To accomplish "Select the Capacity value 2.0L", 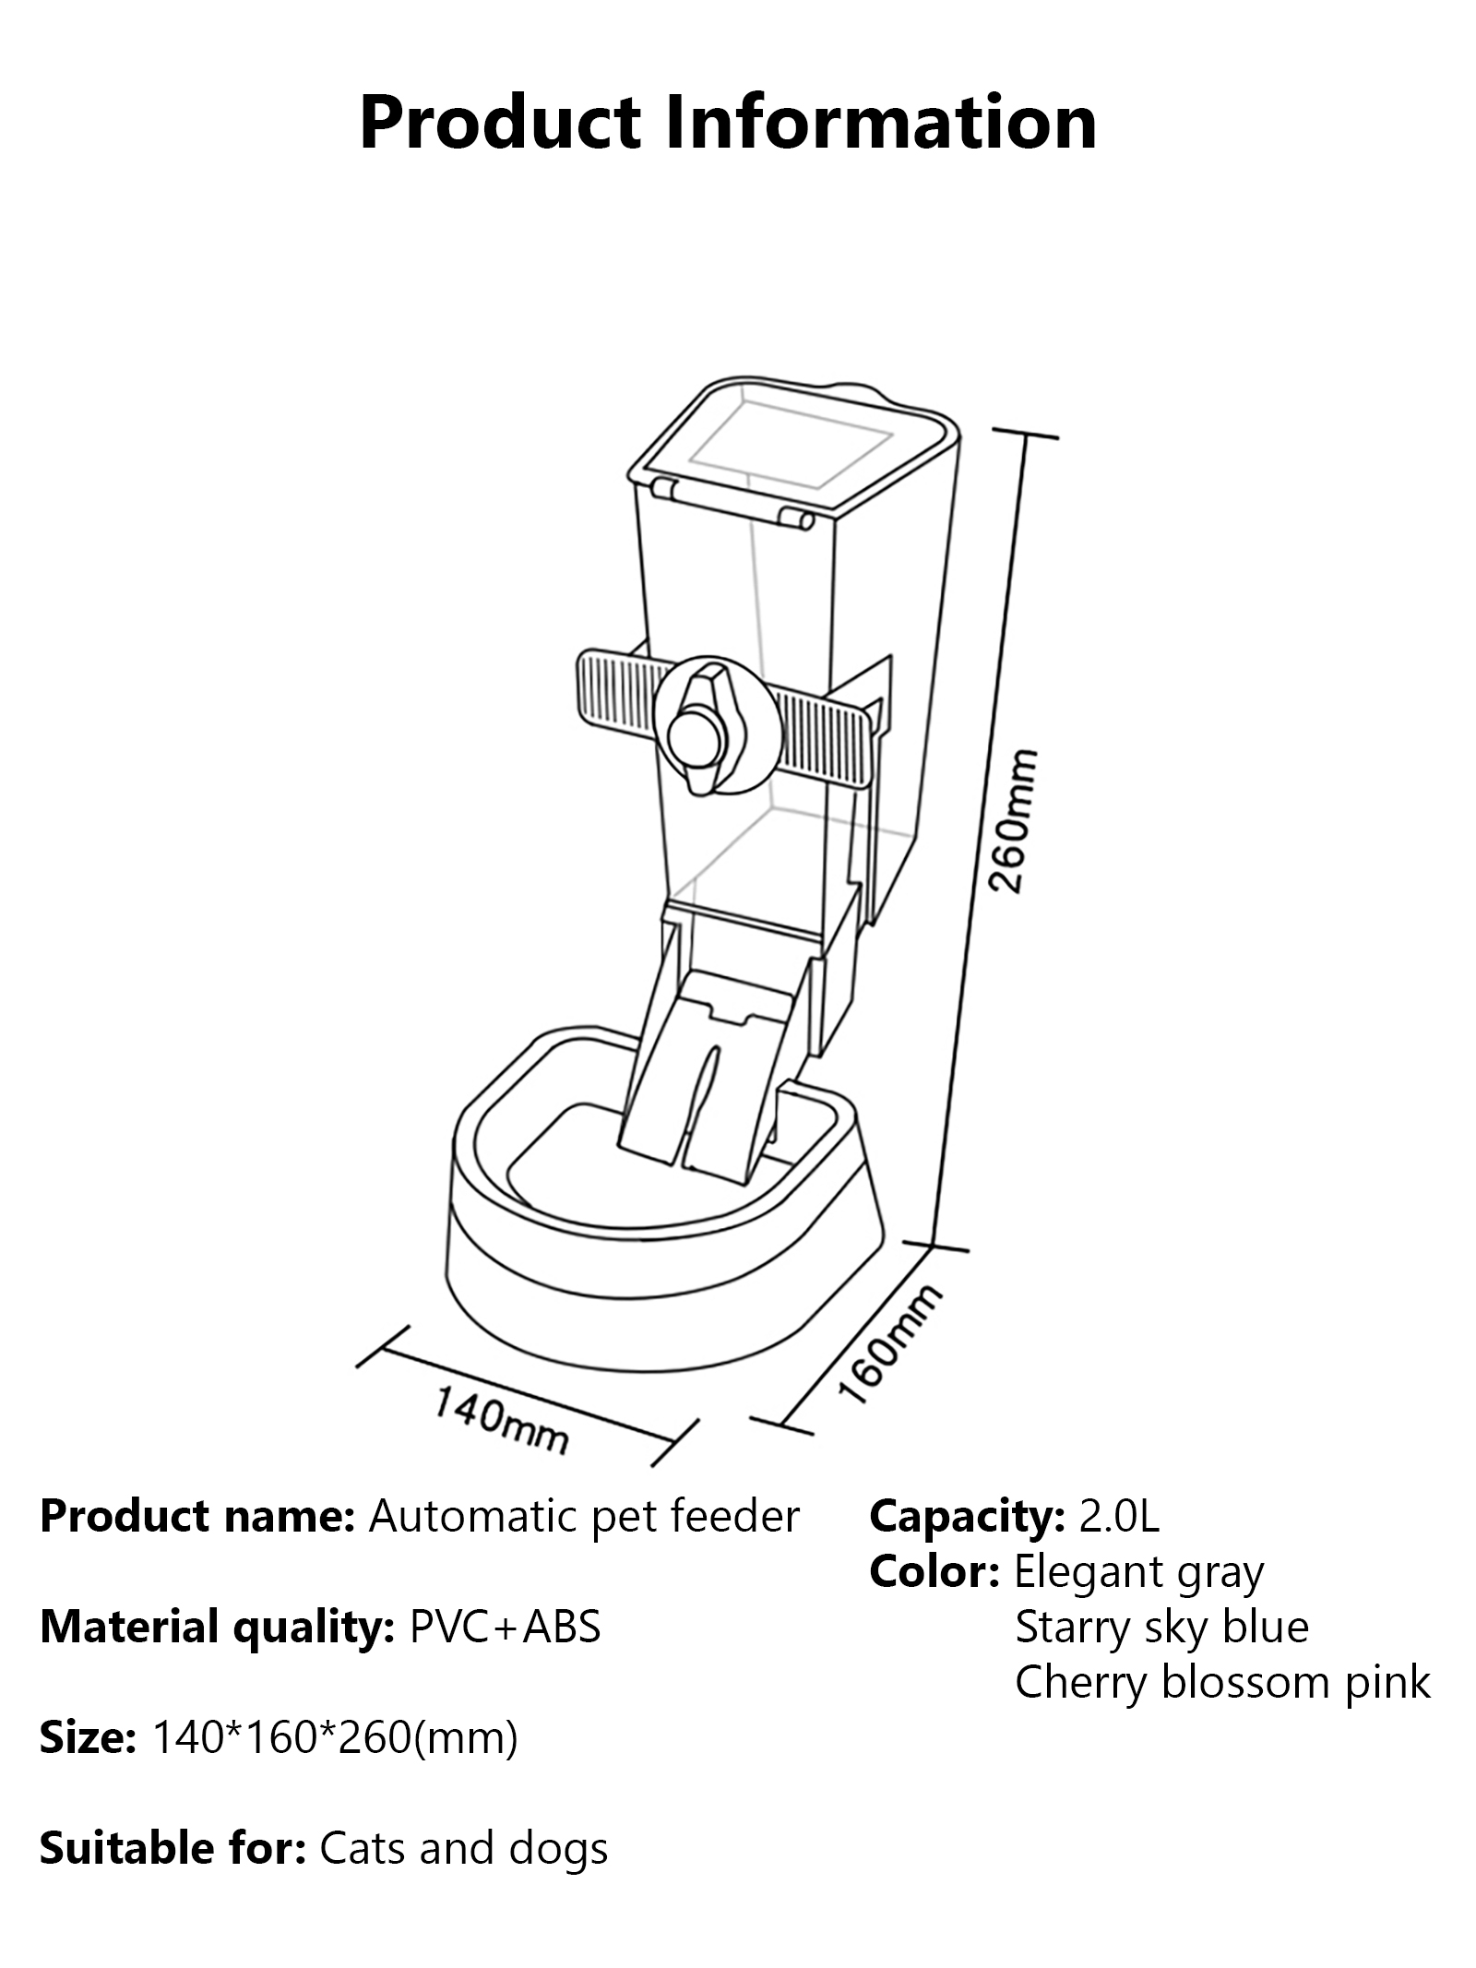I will pos(1119,1517).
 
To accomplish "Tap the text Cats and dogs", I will pos(464,1848).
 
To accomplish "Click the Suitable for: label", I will pos(173,1848).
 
